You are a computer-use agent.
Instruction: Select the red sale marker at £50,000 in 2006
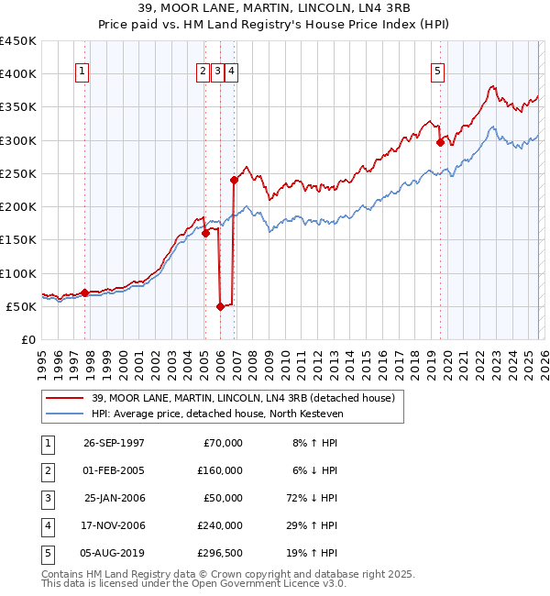[x=221, y=306]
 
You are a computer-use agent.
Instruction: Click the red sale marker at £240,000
[x=234, y=181]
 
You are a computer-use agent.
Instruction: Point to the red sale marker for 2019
[x=441, y=142]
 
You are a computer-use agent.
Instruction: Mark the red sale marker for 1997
[x=85, y=293]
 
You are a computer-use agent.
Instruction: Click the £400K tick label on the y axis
[x=18, y=74]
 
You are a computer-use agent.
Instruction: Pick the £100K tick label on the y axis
[x=18, y=273]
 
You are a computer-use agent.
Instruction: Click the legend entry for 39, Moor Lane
[x=243, y=398]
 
